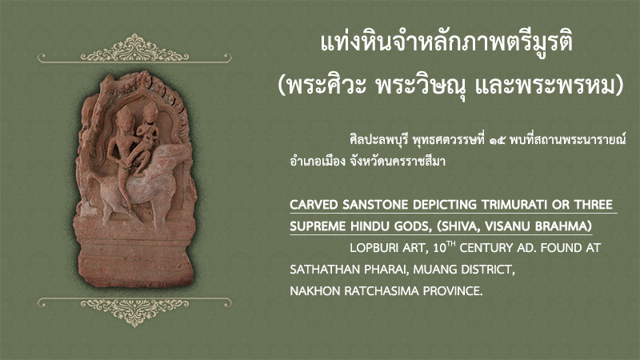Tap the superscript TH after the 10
point(450,244)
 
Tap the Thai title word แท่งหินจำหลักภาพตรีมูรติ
point(447,43)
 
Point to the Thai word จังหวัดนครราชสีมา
point(397,162)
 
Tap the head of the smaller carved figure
point(150,111)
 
